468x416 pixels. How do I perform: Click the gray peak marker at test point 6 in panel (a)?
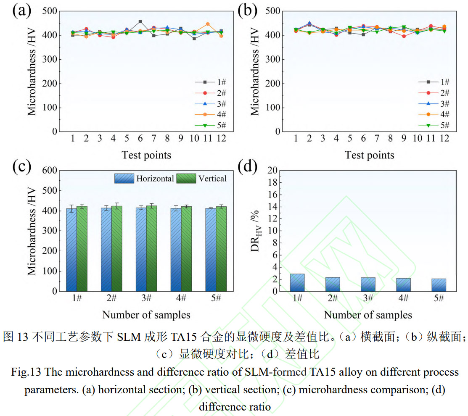pos(140,21)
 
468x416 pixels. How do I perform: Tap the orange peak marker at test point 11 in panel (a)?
pos(207,24)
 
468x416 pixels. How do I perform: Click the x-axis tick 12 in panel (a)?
pos(221,138)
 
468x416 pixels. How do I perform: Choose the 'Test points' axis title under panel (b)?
pos(369,155)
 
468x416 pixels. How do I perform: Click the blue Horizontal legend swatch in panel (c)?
pos(124,178)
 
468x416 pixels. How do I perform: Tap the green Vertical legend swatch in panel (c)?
pos(183,178)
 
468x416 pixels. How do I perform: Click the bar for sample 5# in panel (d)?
pos(439,285)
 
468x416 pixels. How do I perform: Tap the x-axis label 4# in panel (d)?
pos(403,299)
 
